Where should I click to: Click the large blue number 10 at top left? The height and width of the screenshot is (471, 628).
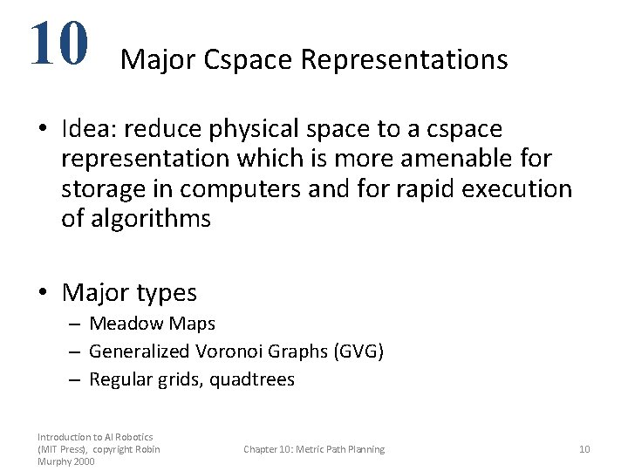58,43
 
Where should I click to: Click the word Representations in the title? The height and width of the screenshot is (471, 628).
404,59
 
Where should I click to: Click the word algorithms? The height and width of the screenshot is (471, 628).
136,219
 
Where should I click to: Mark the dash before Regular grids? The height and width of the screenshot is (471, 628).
77,379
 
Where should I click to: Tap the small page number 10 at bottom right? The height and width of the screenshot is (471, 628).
584,449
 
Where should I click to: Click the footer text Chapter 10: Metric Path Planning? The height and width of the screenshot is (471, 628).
314,449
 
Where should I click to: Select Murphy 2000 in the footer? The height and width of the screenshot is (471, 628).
66,461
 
